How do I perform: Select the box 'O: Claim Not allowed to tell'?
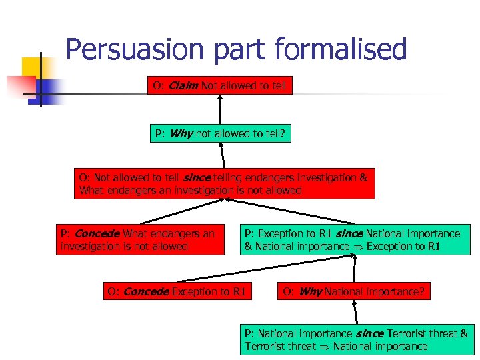click(x=220, y=86)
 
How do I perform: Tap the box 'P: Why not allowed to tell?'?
click(x=220, y=133)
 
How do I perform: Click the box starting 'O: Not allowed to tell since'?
click(x=223, y=184)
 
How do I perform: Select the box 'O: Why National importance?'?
click(x=353, y=291)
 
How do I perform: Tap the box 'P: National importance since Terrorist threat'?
click(x=357, y=339)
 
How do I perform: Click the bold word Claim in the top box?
click(x=183, y=86)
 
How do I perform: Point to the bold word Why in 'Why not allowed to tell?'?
click(x=181, y=133)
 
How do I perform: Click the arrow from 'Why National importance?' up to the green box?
click(x=354, y=269)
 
